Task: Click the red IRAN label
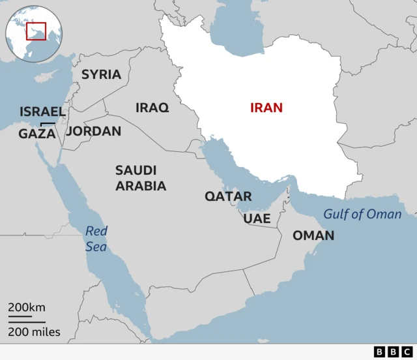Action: click(x=266, y=108)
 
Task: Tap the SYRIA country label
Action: click(x=101, y=74)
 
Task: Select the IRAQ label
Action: click(x=152, y=108)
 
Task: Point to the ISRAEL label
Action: click(x=42, y=112)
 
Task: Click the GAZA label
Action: click(x=37, y=134)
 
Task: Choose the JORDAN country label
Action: click(x=94, y=131)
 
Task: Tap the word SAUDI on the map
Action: click(x=136, y=170)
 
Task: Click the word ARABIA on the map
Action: click(x=141, y=186)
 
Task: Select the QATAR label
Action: click(x=228, y=196)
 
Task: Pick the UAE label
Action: click(x=257, y=218)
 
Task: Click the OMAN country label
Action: click(x=313, y=235)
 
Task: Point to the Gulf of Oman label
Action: click(x=362, y=214)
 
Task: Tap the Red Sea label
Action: click(x=96, y=239)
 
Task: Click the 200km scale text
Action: click(x=27, y=308)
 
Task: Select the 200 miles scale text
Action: click(x=34, y=332)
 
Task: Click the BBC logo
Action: click(x=389, y=352)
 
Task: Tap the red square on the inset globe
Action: click(x=36, y=31)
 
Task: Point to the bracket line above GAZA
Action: click(x=47, y=123)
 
